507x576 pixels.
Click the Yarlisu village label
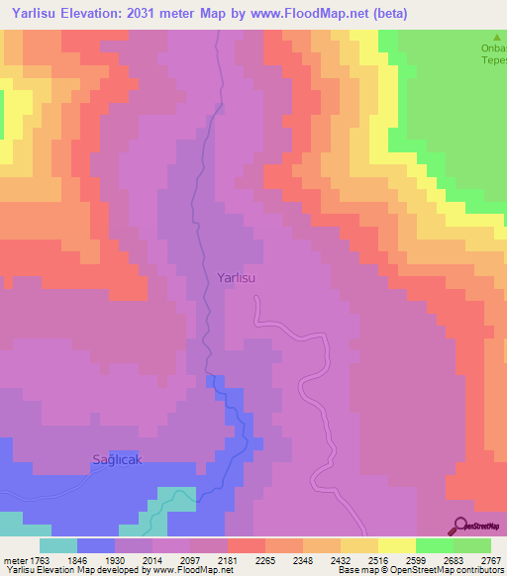236,278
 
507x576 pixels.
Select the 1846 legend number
92,560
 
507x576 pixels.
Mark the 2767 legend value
491,560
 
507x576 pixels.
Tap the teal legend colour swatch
57,545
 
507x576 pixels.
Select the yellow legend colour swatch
396,545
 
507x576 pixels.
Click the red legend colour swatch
246,545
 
